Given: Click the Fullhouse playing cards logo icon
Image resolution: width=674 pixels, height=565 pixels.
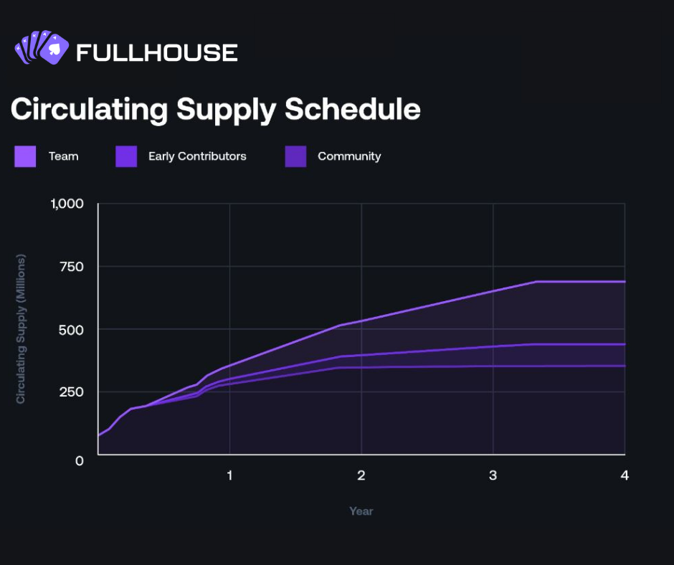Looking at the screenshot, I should point(41,49).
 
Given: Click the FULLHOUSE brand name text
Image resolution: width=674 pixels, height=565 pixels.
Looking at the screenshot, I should point(156,52).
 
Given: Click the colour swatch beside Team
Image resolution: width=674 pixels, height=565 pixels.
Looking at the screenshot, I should point(25,156).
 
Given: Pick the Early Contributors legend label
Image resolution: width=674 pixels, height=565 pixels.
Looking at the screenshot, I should point(197,156).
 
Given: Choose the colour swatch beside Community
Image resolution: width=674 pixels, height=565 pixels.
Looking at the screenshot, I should point(295,156).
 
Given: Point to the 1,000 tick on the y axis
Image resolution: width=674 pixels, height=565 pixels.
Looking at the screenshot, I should point(67,204).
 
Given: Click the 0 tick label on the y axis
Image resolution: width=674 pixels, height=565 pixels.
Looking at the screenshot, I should point(80,460).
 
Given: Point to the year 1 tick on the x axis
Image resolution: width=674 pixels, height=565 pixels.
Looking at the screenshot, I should point(229,475).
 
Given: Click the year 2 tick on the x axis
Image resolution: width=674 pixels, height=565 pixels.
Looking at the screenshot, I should point(361,475).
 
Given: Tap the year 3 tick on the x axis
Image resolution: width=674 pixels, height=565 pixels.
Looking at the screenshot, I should point(493,475).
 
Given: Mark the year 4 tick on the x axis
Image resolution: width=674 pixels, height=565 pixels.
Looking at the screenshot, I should point(625,475).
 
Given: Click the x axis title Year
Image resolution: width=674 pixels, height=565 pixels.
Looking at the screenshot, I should point(361,511).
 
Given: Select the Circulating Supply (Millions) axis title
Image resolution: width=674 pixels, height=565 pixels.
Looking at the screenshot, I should point(21,328).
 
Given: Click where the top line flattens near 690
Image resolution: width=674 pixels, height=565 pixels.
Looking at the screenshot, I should point(536,282).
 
